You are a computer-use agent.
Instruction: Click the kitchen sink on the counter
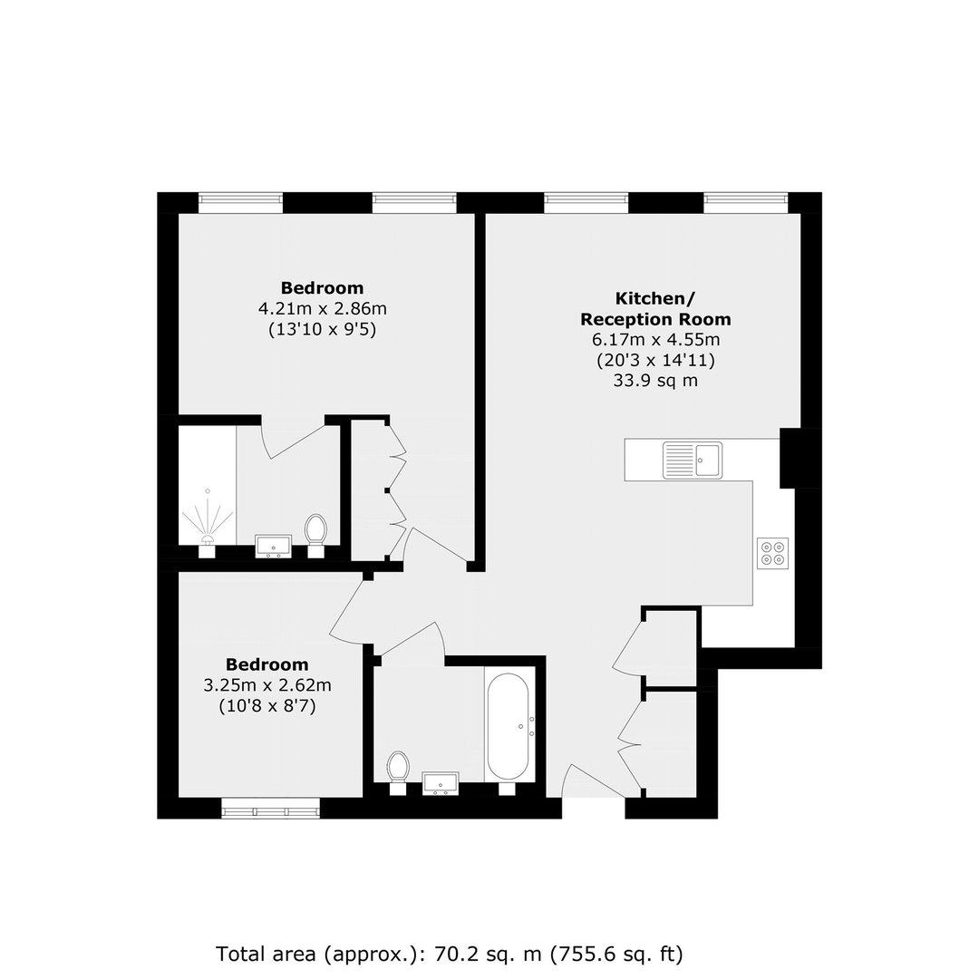pyautogui.click(x=693, y=460)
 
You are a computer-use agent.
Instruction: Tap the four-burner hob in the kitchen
pyautogui.click(x=773, y=553)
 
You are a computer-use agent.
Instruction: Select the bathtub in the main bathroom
pyautogui.click(x=509, y=727)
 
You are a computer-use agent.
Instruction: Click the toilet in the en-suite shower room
pyautogui.click(x=316, y=535)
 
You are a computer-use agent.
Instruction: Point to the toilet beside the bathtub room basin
pyautogui.click(x=398, y=773)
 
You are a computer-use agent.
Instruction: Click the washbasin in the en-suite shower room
pyautogui.click(x=274, y=547)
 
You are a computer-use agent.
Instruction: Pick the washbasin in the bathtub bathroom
pyautogui.click(x=441, y=784)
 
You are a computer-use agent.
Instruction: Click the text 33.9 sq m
pyautogui.click(x=655, y=381)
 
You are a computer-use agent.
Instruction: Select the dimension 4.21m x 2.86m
pyautogui.click(x=323, y=308)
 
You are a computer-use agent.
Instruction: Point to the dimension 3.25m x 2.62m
pyautogui.click(x=267, y=685)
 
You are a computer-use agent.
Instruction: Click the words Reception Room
pyautogui.click(x=655, y=319)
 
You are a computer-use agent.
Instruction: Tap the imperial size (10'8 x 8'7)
pyautogui.click(x=267, y=706)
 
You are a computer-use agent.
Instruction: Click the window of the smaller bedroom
pyautogui.click(x=271, y=808)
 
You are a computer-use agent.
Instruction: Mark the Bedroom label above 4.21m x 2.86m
pyautogui.click(x=322, y=288)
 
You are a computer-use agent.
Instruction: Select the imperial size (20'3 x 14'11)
pyautogui.click(x=655, y=361)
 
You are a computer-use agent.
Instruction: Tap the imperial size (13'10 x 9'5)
pyautogui.click(x=323, y=329)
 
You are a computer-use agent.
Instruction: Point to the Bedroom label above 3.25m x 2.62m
pyautogui.click(x=267, y=665)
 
